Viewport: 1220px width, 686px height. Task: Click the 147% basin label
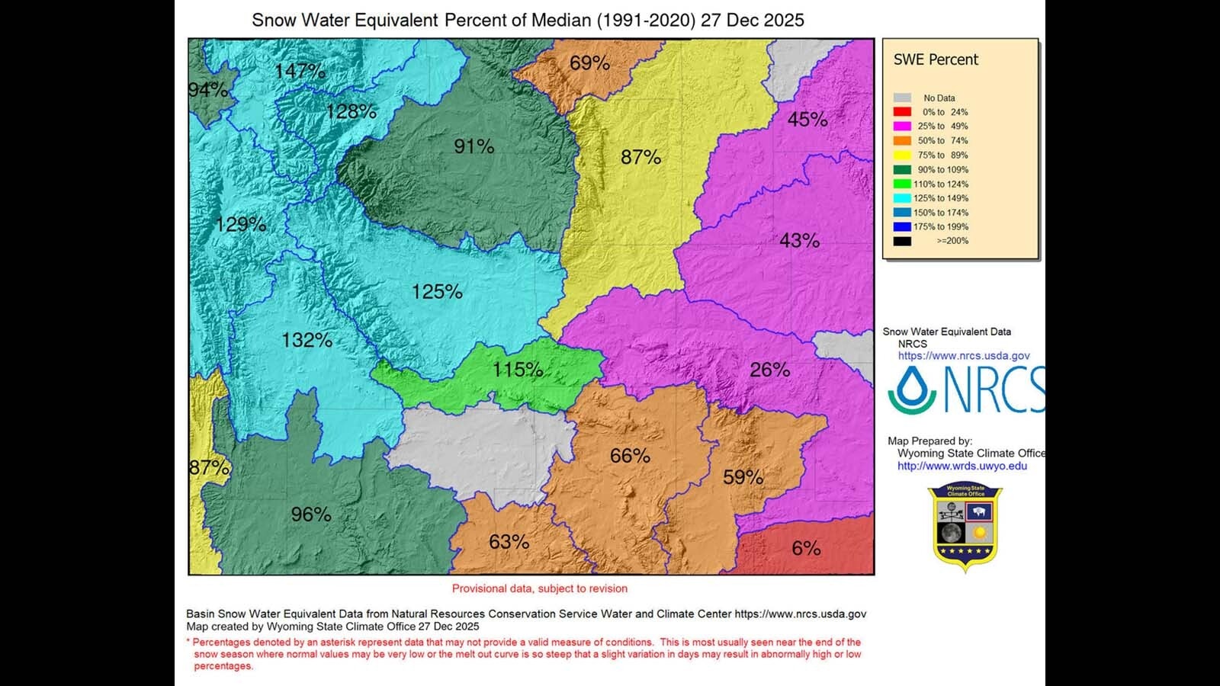click(300, 71)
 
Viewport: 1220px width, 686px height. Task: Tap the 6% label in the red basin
click(806, 548)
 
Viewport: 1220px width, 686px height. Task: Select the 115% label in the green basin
click(518, 370)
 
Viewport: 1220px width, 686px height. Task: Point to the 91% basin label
click(474, 146)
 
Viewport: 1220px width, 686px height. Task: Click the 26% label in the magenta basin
click(769, 370)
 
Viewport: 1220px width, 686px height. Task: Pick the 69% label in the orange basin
click(589, 63)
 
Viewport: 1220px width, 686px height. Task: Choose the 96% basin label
click(311, 514)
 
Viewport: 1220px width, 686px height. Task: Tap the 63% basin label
click(509, 542)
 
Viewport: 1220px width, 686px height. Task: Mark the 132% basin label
click(307, 340)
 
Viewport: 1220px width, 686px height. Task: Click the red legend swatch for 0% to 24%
click(902, 112)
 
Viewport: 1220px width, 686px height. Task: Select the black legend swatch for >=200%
click(902, 241)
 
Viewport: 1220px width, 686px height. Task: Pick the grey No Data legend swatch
click(902, 98)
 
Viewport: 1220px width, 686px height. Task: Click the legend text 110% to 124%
click(941, 184)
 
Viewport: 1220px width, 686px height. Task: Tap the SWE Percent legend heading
click(936, 59)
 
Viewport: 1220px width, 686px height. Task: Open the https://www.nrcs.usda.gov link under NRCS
click(964, 356)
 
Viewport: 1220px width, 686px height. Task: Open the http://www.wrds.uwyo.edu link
click(962, 466)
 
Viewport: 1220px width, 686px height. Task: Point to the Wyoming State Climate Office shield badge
click(965, 526)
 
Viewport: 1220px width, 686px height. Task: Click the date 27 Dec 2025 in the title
click(752, 21)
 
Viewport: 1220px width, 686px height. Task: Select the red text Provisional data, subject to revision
click(539, 588)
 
